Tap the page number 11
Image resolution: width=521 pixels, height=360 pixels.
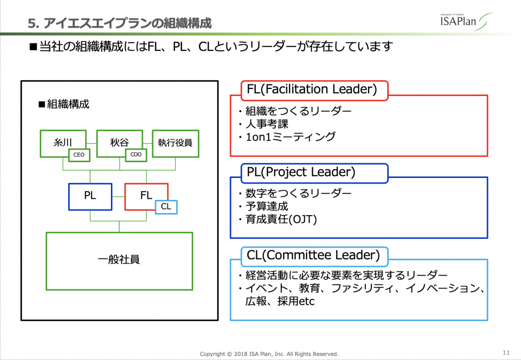pyautogui.click(x=506, y=352)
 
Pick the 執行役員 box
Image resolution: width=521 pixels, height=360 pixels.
pyautogui.click(x=175, y=143)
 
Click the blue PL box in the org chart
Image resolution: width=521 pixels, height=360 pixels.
pyautogui.click(x=90, y=196)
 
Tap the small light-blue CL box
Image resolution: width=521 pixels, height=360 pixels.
pyautogui.click(x=166, y=206)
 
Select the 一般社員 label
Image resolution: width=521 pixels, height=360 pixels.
pyautogui.click(x=119, y=260)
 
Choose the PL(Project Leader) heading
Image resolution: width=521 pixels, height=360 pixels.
pyautogui.click(x=301, y=172)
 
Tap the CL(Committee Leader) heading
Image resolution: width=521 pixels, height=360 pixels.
pyautogui.click(x=313, y=255)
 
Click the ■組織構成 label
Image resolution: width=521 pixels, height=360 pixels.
pyautogui.click(x=64, y=104)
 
